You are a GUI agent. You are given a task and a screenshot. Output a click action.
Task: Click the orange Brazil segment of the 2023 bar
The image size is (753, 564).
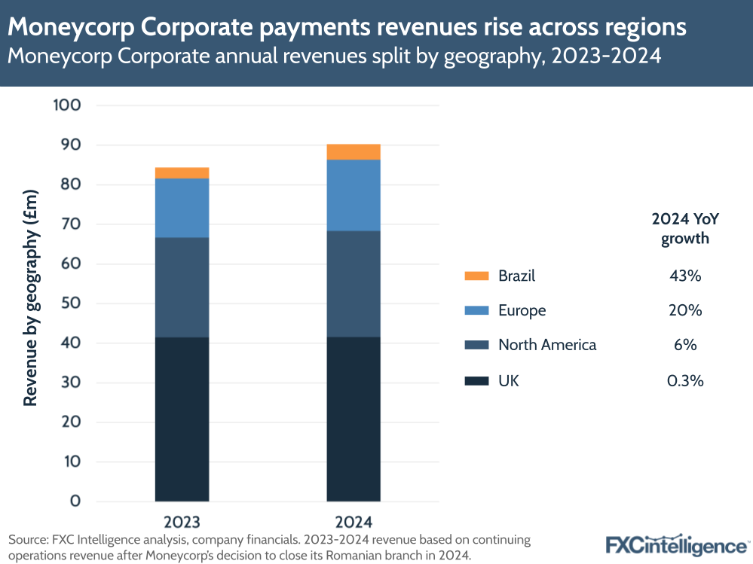(x=182, y=173)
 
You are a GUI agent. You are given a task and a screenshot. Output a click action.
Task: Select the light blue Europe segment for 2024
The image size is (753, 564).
(x=354, y=195)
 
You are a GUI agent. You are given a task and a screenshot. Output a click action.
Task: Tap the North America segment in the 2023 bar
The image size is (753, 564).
(x=182, y=287)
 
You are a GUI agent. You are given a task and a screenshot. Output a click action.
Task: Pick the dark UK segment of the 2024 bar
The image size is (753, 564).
(x=354, y=419)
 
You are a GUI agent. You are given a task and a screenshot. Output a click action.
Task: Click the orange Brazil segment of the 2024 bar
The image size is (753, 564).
(x=354, y=152)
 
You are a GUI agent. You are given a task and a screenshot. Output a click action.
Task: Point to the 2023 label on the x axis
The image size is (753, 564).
(x=182, y=521)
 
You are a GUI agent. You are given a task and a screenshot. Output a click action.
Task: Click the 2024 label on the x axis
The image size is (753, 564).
(x=354, y=521)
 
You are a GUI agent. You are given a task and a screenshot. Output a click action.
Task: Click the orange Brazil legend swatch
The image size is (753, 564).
(x=476, y=276)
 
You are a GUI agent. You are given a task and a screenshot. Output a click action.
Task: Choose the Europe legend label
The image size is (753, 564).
(x=522, y=310)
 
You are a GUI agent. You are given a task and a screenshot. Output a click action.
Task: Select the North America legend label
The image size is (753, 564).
(x=547, y=345)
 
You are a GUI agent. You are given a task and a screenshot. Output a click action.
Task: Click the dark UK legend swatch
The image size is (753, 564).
(x=476, y=381)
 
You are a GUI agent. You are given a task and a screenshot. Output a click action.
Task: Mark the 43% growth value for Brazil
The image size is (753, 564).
(x=685, y=276)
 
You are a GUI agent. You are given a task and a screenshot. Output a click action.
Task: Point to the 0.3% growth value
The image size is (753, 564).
(x=685, y=381)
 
